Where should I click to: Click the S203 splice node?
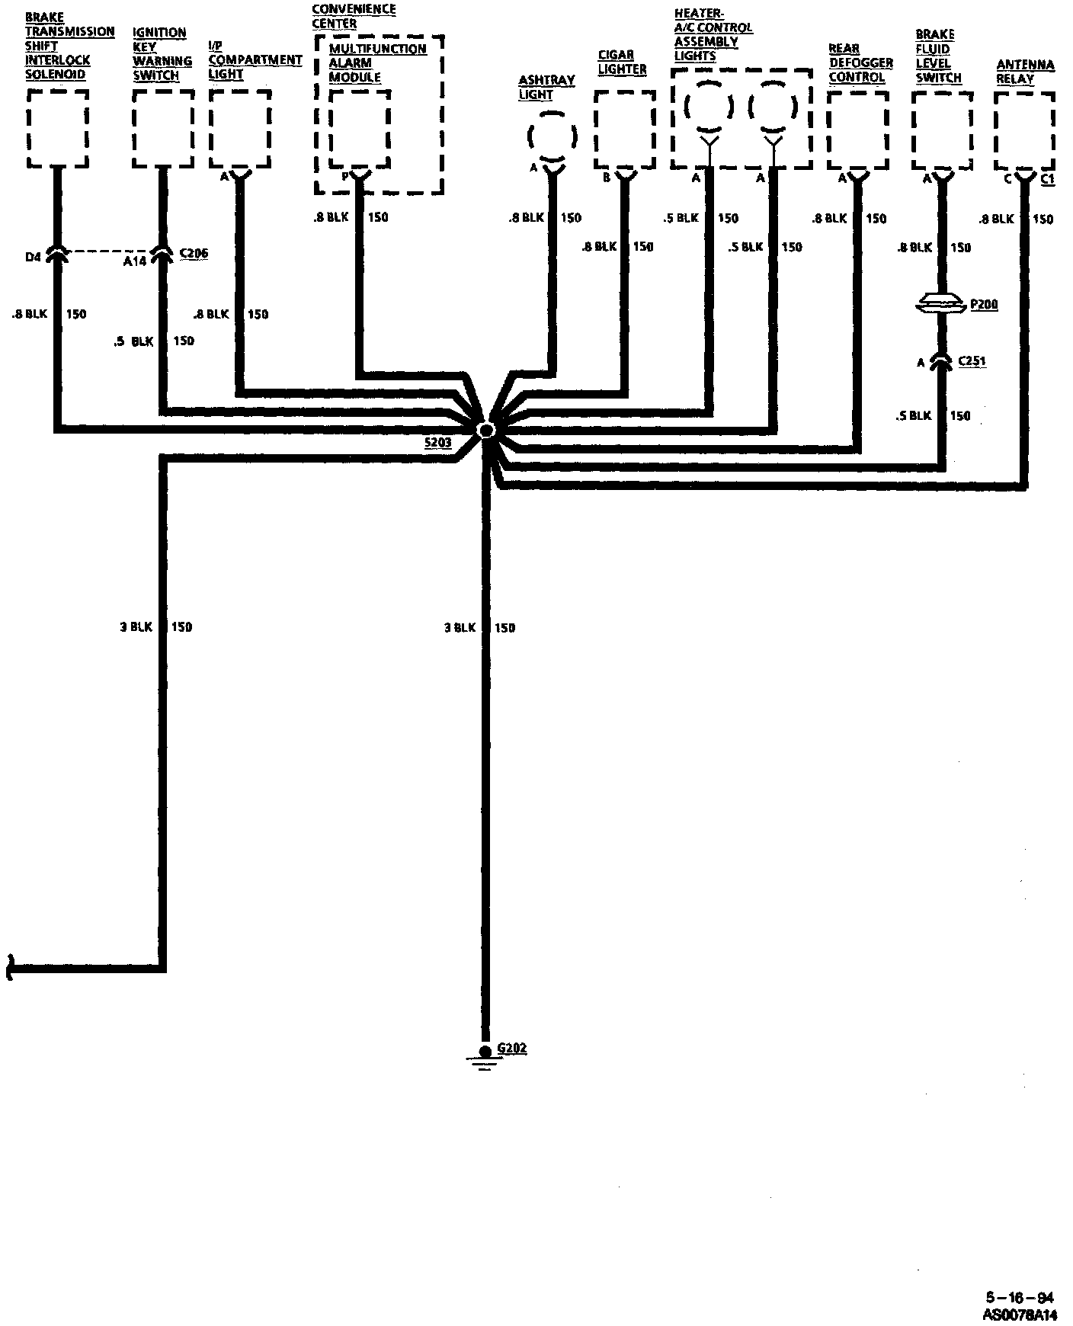pyautogui.click(x=485, y=431)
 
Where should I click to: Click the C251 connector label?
pyautogui.click(x=972, y=360)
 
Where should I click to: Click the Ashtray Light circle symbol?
pyautogui.click(x=552, y=137)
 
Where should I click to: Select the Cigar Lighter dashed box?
pyautogui.click(x=624, y=130)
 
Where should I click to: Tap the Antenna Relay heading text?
pyautogui.click(x=1025, y=72)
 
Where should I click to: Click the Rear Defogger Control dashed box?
pyautogui.click(x=857, y=130)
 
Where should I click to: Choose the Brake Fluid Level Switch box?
pyautogui.click(x=942, y=130)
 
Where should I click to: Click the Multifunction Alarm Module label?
pyautogui.click(x=377, y=62)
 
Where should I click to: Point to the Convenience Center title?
pyautogui.click(x=354, y=16)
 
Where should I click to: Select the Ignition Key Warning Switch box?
pyautogui.click(x=162, y=128)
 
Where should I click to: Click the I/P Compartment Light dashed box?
pyautogui.click(x=239, y=128)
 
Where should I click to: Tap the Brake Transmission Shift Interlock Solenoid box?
pyautogui.click(x=57, y=128)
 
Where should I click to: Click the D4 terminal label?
pyautogui.click(x=32, y=257)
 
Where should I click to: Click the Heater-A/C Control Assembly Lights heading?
pyautogui.click(x=713, y=35)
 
